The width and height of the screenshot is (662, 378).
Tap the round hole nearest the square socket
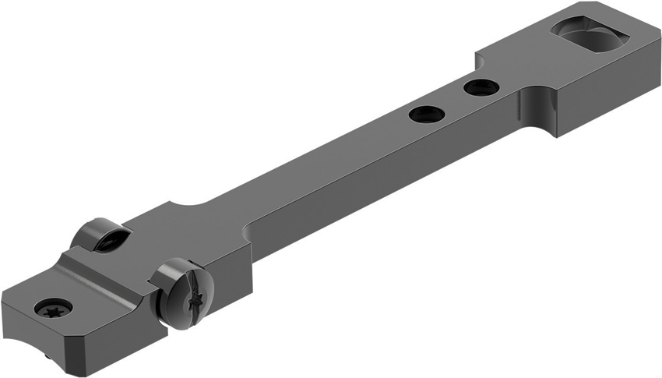coord(481,87)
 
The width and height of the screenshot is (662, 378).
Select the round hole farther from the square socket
coord(426,114)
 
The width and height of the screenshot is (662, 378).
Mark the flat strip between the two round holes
coord(453,101)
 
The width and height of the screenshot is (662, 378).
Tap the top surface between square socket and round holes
coord(530,66)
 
